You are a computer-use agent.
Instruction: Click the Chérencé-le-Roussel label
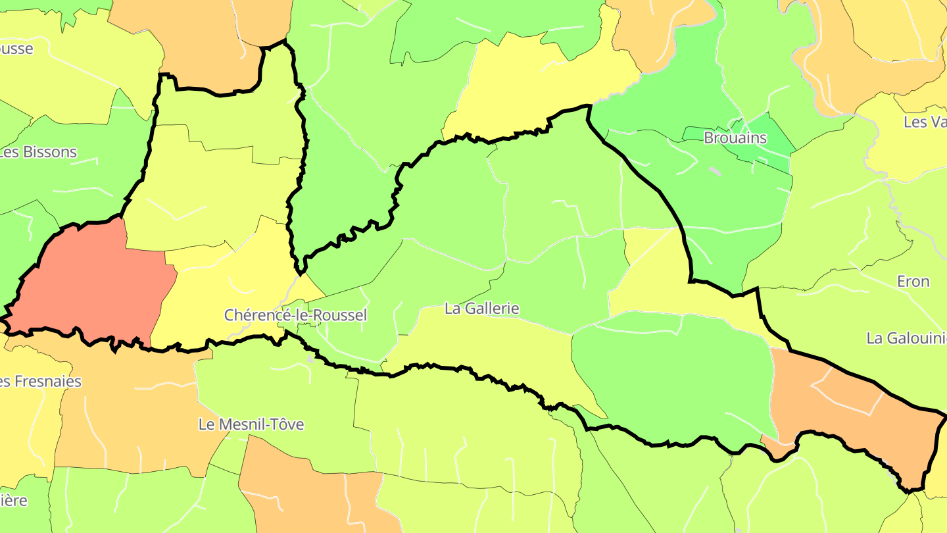(295, 315)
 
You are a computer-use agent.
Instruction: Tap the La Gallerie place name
(482, 308)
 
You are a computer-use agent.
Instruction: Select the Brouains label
(735, 138)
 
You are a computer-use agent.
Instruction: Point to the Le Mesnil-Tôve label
(251, 424)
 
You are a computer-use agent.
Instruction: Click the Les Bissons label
(38, 152)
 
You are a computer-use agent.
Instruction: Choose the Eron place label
(913, 282)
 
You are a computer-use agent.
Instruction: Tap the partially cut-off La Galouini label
(906, 338)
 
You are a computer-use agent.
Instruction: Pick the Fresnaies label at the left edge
(41, 382)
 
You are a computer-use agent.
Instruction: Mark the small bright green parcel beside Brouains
(766, 141)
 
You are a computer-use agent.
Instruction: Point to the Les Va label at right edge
(925, 122)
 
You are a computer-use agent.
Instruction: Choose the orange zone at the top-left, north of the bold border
(210, 39)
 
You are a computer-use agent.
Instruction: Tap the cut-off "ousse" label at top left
(16, 49)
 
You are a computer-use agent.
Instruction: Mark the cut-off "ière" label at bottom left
(14, 500)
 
